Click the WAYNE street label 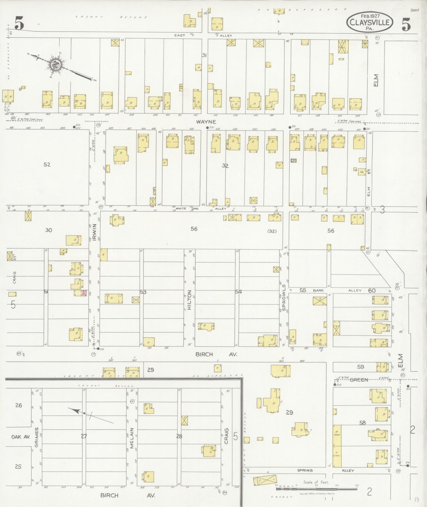[206, 122]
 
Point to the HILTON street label [189, 299]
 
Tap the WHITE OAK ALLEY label [201, 209]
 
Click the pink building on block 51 [84, 293]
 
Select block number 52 [47, 164]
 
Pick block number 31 [204, 55]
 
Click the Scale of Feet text [316, 482]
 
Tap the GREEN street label [358, 380]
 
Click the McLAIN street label [132, 437]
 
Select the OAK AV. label [21, 437]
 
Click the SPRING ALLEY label [325, 470]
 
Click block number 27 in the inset [84, 436]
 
